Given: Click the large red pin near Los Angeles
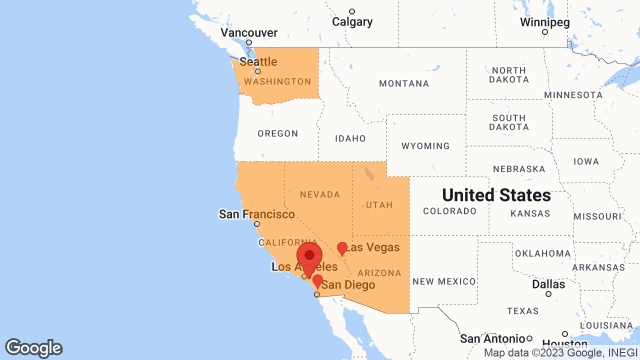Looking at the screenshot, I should click(x=309, y=254).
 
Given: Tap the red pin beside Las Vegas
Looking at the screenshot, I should click(x=342, y=248).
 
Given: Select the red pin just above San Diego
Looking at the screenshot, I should click(x=317, y=280).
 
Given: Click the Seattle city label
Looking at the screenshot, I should click(x=258, y=62).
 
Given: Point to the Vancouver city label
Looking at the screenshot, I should click(x=249, y=33).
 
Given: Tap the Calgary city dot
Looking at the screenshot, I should click(x=352, y=11).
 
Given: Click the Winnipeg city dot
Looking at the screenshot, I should click(x=545, y=32).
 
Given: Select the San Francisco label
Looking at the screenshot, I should click(x=257, y=214).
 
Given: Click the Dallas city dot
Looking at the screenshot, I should click(x=548, y=294).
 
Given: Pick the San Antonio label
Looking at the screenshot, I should click(x=492, y=338).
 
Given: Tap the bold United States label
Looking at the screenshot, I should click(x=496, y=195).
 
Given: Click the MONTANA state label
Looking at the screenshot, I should click(x=404, y=83).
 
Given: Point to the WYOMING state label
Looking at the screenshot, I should click(x=425, y=146).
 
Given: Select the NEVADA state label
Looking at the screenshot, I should click(x=320, y=194).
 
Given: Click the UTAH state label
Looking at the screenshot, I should click(x=379, y=205).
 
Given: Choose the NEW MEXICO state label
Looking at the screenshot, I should click(x=444, y=281).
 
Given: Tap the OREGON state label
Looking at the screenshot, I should click(x=278, y=133).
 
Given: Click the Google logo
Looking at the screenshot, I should click(x=33, y=348).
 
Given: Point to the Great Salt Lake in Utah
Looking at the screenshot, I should click(x=369, y=173).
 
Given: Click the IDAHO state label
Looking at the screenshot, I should click(x=350, y=138).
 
